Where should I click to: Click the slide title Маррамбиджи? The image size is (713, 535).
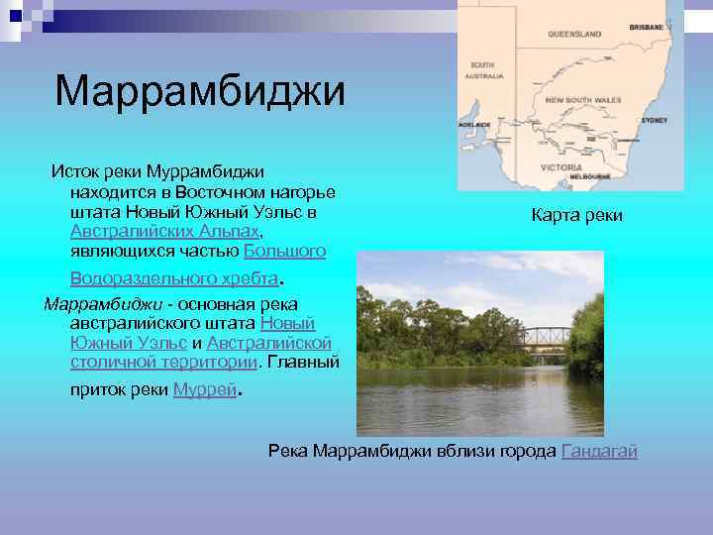[201, 92]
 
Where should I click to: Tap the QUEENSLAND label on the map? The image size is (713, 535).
[574, 34]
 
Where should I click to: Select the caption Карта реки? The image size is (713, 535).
[576, 214]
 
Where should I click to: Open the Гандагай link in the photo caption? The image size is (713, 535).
[599, 452]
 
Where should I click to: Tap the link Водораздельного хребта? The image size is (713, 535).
[175, 277]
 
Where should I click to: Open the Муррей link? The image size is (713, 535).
[205, 390]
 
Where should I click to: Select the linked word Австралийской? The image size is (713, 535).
[268, 343]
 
